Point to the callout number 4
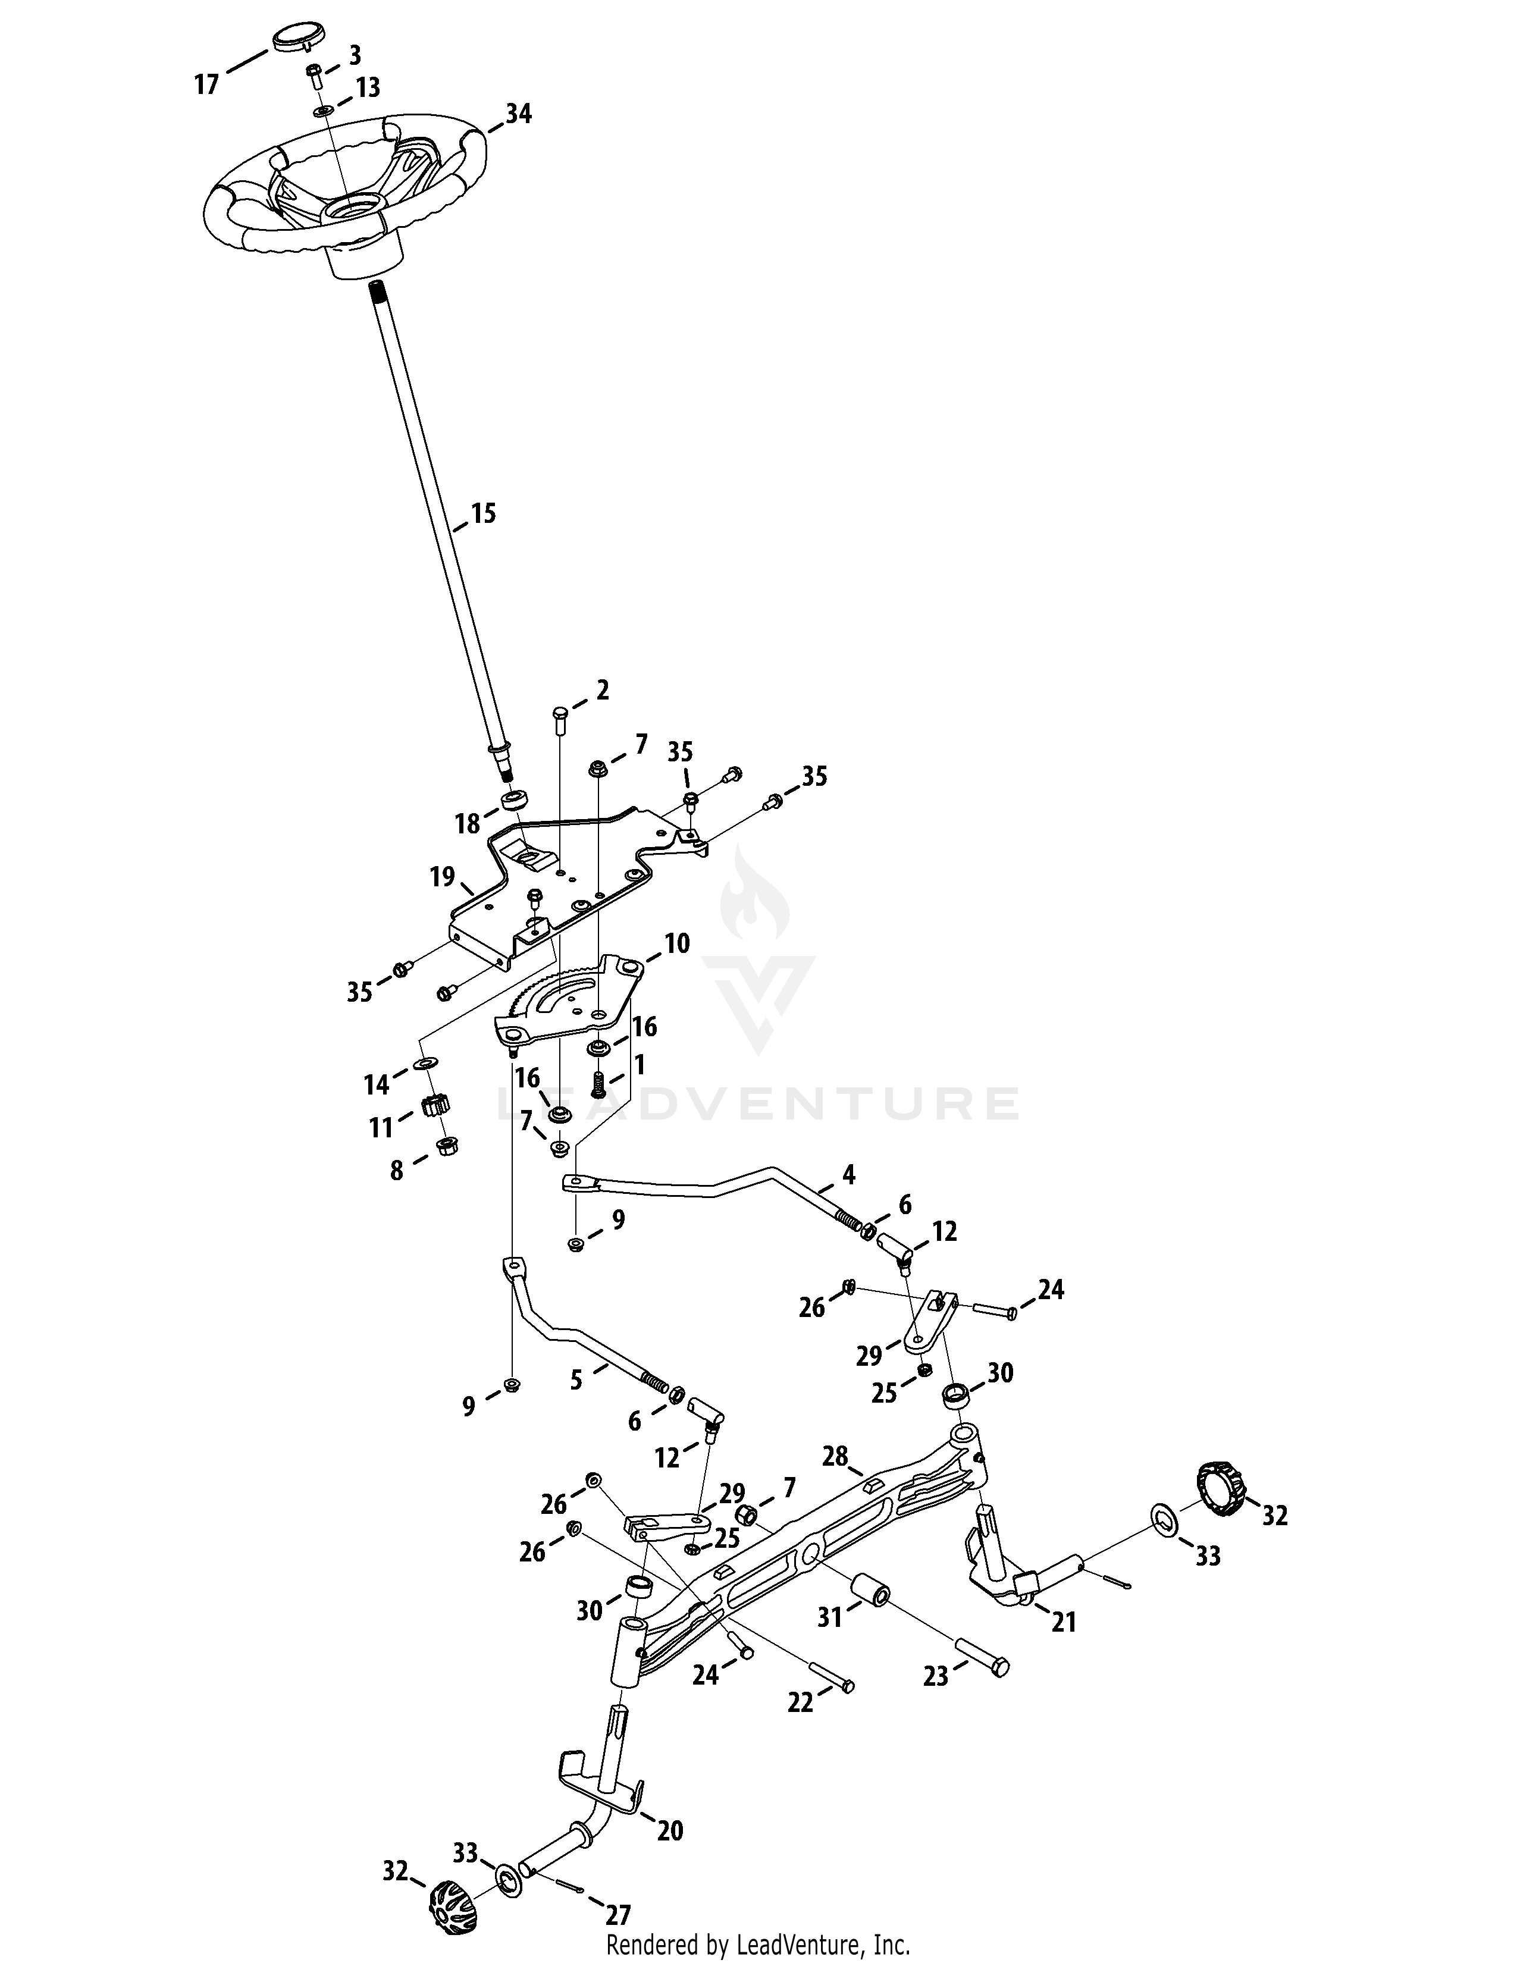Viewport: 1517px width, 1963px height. pos(848,1174)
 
